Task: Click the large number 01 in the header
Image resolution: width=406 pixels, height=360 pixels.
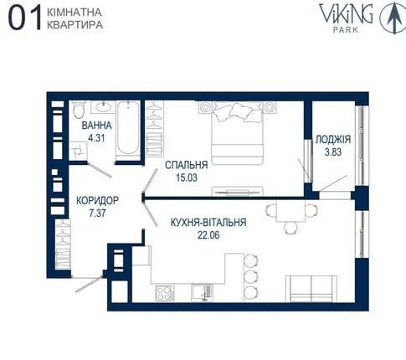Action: (x=23, y=19)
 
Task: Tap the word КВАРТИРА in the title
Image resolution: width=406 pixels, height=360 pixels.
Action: (x=75, y=26)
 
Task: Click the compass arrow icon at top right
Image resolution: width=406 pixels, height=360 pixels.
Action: (x=390, y=18)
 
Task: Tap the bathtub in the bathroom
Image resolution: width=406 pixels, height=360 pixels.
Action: (x=128, y=127)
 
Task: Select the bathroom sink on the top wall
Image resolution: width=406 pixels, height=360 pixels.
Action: (x=104, y=107)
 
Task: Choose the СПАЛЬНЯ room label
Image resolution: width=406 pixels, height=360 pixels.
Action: (x=186, y=165)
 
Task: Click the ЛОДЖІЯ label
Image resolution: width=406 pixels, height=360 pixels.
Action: (x=333, y=140)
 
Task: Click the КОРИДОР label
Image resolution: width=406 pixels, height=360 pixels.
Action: (x=96, y=201)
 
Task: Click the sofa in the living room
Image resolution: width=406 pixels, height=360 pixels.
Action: (x=311, y=288)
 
